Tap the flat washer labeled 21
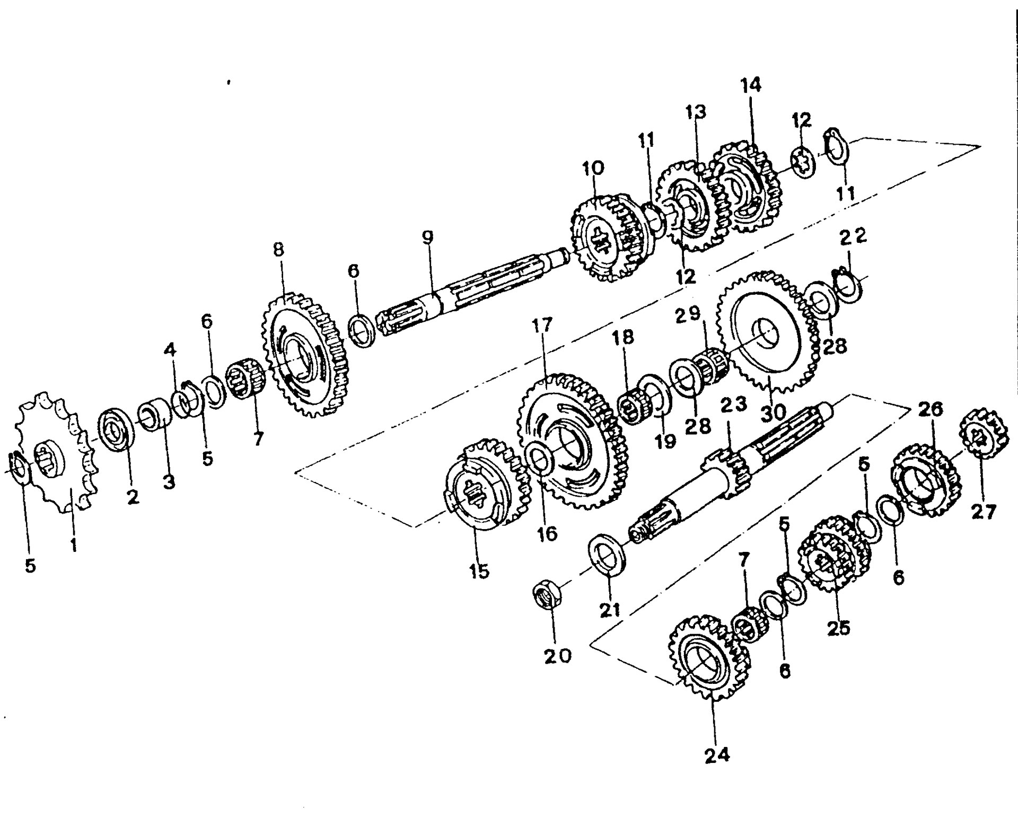608,555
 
